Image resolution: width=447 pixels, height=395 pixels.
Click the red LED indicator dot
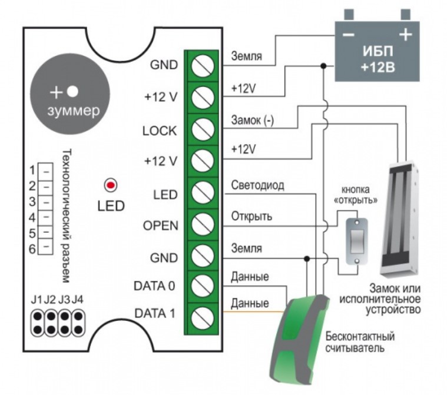click(x=111, y=185)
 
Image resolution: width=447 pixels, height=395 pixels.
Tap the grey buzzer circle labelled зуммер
click(x=70, y=102)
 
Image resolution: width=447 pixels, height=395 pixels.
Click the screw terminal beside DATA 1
click(x=203, y=318)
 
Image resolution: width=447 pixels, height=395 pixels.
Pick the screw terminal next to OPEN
click(x=203, y=224)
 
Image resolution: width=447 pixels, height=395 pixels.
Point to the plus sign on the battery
click(x=405, y=35)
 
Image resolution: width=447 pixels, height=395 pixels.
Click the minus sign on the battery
click(x=349, y=35)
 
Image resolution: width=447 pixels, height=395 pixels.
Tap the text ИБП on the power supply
click(x=378, y=51)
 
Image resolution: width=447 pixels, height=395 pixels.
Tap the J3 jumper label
click(x=64, y=300)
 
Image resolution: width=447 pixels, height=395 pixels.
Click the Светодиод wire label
click(x=257, y=185)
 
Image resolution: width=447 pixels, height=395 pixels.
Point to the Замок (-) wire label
click(x=252, y=120)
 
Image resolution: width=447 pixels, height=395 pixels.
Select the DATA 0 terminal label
click(x=154, y=286)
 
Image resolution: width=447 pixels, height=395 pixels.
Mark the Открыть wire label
click(x=251, y=216)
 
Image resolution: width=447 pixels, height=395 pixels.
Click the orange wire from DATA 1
click(x=253, y=312)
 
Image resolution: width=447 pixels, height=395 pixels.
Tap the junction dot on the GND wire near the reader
click(x=307, y=258)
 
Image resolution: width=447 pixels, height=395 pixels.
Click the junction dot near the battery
click(x=323, y=66)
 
